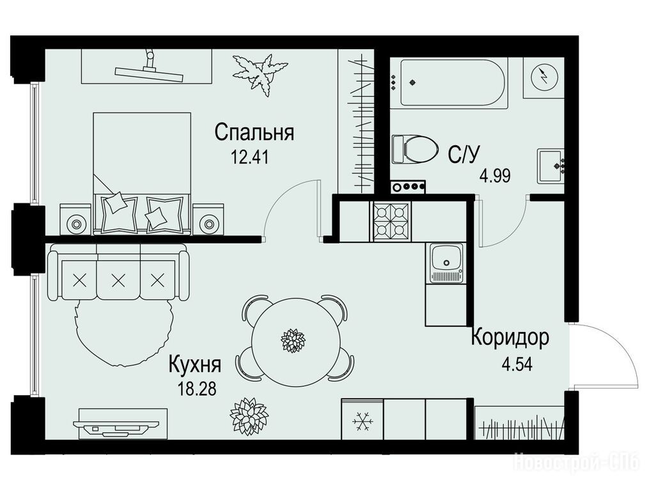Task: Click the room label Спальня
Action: pyautogui.click(x=254, y=133)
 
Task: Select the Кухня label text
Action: pyautogui.click(x=194, y=364)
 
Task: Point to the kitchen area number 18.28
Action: pyautogui.click(x=196, y=389)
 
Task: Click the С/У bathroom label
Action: pyautogui.click(x=464, y=155)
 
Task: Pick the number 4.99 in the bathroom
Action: pyautogui.click(x=495, y=176)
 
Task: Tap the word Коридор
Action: pyautogui.click(x=510, y=337)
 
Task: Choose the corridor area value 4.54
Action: pyautogui.click(x=517, y=364)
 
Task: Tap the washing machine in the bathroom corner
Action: pyautogui.click(x=543, y=77)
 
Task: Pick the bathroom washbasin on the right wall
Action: pyautogui.click(x=551, y=166)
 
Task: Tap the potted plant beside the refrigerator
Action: pyautogui.click(x=249, y=416)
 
